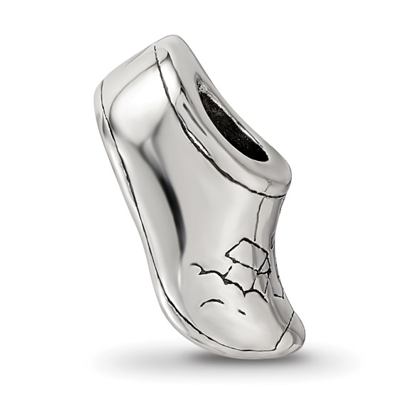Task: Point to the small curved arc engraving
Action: click(211, 302)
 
